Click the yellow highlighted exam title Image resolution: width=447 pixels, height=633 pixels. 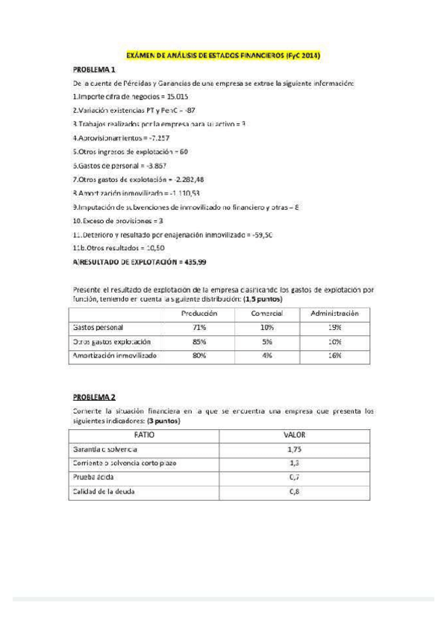point(223,55)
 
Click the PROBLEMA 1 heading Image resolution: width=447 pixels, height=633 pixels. point(94,69)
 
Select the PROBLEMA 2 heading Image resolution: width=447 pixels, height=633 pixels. point(94,397)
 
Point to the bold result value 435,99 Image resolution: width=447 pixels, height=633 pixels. point(195,261)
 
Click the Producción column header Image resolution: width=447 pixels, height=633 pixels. point(199,314)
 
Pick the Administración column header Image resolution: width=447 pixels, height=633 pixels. point(335,314)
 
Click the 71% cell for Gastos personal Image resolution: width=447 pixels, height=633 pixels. point(199,328)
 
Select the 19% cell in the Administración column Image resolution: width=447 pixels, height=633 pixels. point(335,328)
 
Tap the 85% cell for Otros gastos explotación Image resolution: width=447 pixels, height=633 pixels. point(199,342)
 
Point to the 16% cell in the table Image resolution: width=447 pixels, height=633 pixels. point(335,356)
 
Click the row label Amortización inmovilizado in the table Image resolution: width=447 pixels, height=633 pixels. point(114,356)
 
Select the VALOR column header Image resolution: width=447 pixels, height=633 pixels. point(295,434)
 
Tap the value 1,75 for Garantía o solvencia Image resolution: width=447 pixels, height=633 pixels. point(295,449)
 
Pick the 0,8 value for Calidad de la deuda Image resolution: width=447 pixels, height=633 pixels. point(295,491)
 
